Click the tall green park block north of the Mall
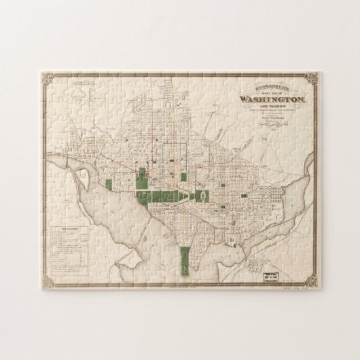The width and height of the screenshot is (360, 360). point(142,179)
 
